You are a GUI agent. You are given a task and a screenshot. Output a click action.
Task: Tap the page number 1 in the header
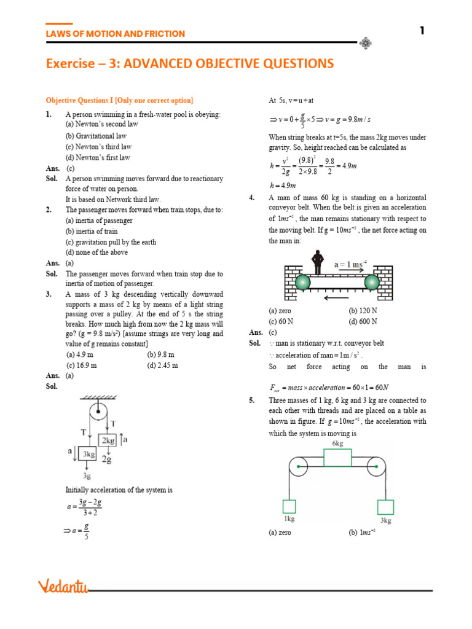click(x=422, y=31)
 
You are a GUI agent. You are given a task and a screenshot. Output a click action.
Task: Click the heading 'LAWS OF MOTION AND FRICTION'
click(x=116, y=34)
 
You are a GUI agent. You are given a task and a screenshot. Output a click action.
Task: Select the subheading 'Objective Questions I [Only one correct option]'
click(x=119, y=100)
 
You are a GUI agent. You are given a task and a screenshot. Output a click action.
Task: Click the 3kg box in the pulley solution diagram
click(x=88, y=455)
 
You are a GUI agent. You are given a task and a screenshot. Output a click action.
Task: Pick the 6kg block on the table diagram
click(x=337, y=458)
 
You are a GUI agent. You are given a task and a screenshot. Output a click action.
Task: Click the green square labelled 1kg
click(x=289, y=506)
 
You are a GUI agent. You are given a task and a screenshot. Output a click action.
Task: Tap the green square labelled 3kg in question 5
click(x=385, y=507)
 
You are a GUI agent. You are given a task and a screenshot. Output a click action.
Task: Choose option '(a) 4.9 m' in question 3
click(x=81, y=354)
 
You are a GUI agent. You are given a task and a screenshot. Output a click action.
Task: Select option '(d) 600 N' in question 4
click(x=363, y=321)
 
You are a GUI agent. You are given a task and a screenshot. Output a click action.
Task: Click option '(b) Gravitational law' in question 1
click(x=96, y=136)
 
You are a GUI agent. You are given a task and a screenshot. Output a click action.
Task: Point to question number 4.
click(x=252, y=198)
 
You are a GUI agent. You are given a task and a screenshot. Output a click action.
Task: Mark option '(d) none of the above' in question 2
click(x=97, y=252)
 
